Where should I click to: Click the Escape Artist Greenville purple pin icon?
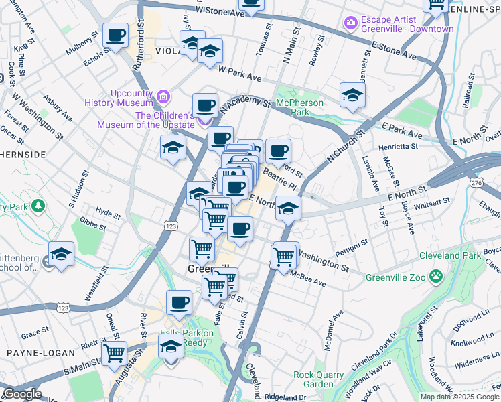tap(350, 23)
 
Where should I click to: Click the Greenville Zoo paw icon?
tap(436, 275)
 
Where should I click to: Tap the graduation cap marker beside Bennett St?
tap(352, 95)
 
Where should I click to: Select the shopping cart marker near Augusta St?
tap(114, 352)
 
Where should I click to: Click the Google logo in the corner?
tap(22, 394)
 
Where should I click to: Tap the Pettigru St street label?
tap(352, 246)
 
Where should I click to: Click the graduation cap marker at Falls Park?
tap(171, 347)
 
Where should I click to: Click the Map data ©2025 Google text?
tap(459, 397)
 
